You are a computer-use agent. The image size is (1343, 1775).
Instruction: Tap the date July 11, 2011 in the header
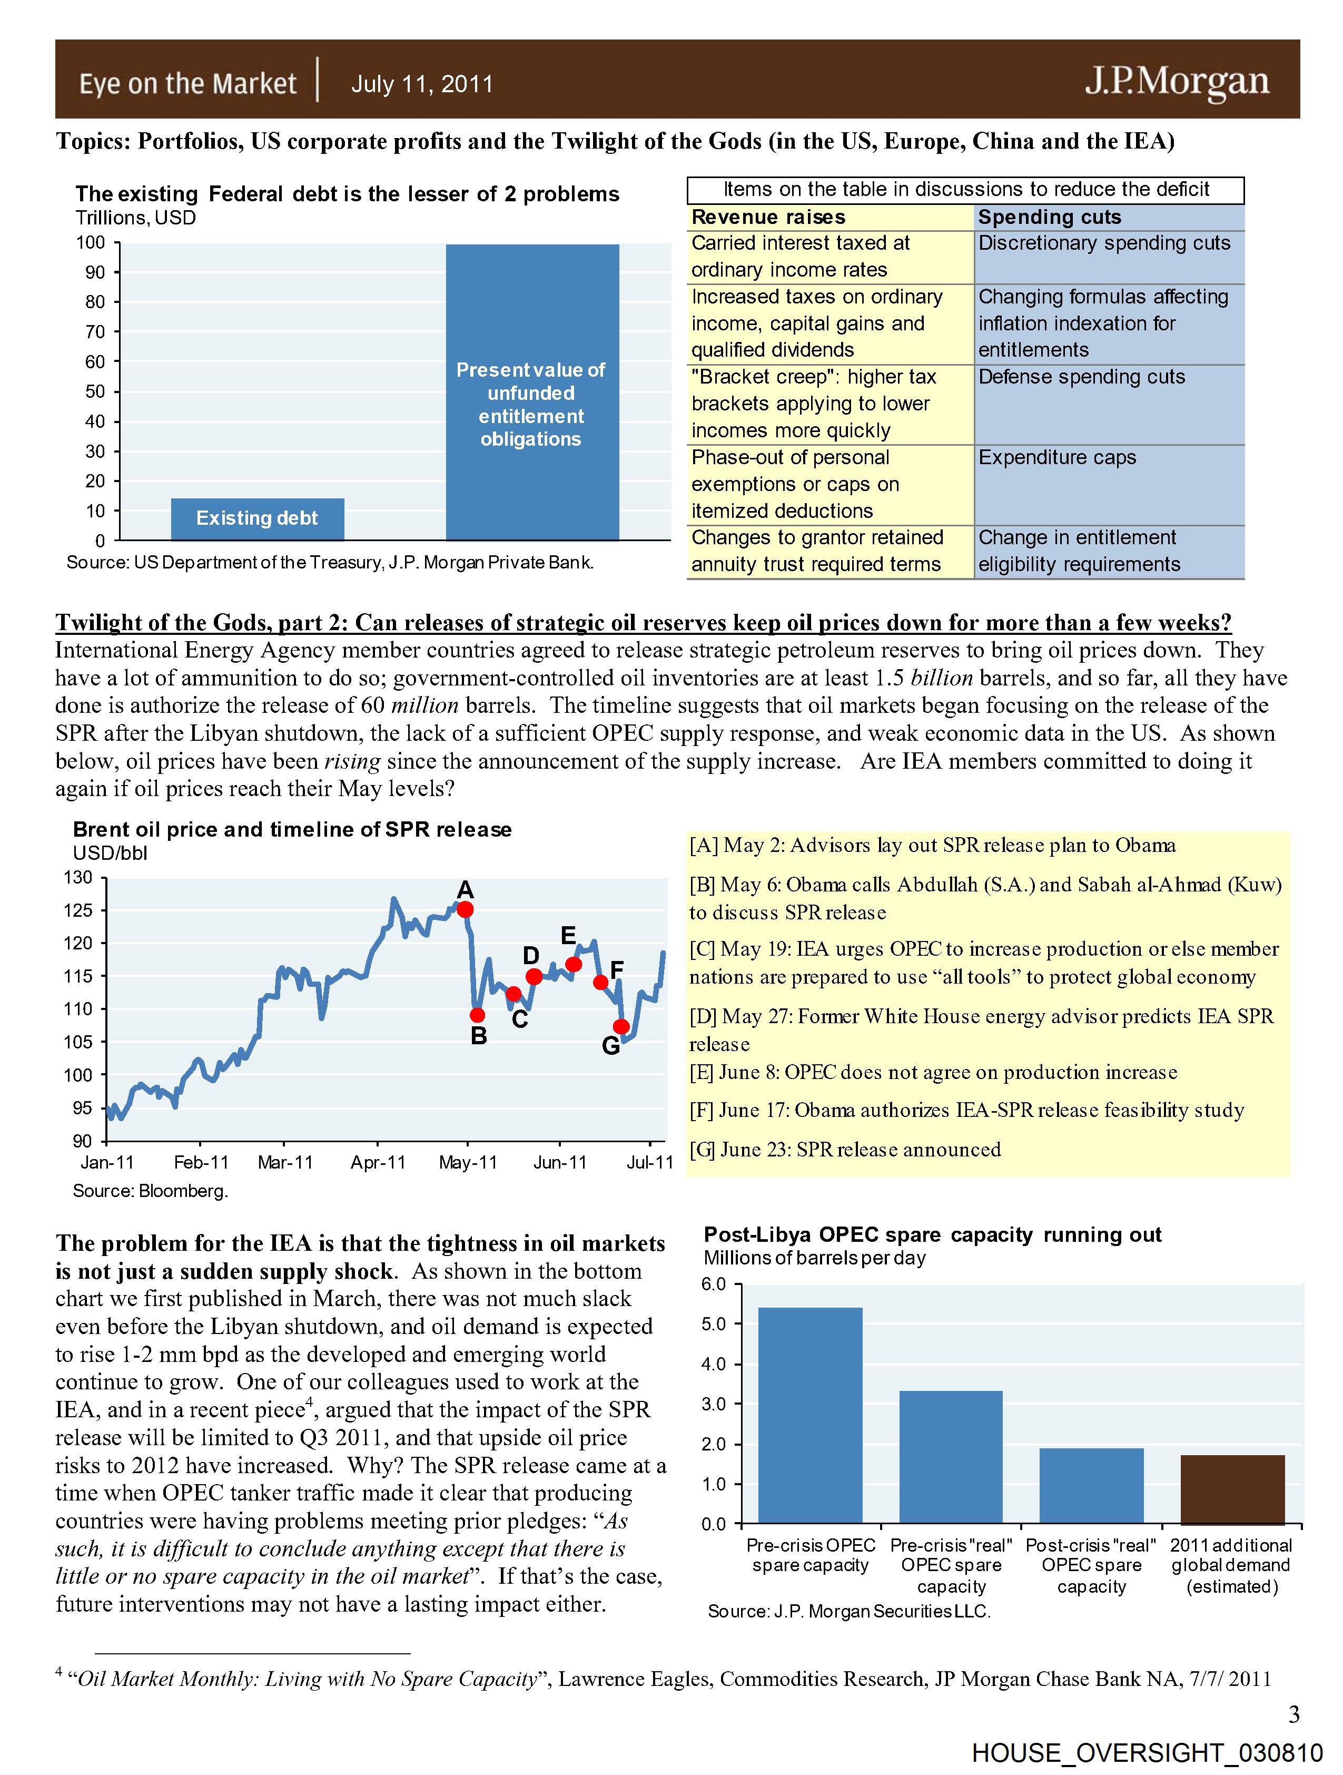tap(422, 84)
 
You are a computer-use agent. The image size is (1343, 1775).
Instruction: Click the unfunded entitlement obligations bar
tap(532, 391)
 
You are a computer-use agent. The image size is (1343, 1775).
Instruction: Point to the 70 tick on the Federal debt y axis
tap(95, 331)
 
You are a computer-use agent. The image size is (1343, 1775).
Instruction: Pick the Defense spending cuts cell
tap(1081, 377)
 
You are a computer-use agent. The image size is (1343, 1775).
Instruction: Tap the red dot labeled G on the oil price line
tap(621, 1026)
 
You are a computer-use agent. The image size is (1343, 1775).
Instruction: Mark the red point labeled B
tap(477, 1015)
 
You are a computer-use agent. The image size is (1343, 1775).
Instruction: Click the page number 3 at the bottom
tap(1293, 1715)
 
